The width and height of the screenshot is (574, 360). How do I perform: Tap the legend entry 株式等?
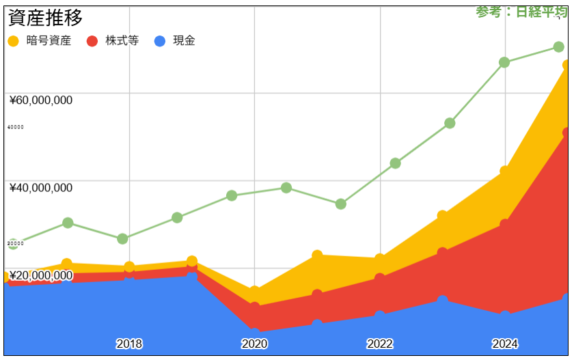pyautogui.click(x=122, y=41)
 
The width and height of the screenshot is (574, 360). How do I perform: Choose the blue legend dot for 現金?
pyautogui.click(x=160, y=41)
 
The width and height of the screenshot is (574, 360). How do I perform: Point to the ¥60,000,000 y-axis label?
pyautogui.click(x=41, y=100)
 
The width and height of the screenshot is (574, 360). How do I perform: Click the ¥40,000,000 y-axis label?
pyautogui.click(x=41, y=188)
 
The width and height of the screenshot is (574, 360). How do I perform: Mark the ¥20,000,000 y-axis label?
pyautogui.click(x=41, y=275)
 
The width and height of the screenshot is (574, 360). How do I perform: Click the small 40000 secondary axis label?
pyautogui.click(x=15, y=127)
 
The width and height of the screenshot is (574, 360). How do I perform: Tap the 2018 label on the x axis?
pyautogui.click(x=129, y=344)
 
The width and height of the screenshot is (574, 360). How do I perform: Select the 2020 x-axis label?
pyautogui.click(x=254, y=344)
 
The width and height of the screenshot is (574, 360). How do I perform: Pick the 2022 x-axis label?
pyautogui.click(x=379, y=344)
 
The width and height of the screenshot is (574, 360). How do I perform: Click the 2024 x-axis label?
pyautogui.click(x=504, y=344)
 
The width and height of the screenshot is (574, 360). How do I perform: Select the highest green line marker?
pyautogui.click(x=558, y=47)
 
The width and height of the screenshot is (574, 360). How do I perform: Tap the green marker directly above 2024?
pyautogui.click(x=504, y=62)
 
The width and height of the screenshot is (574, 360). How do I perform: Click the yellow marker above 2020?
pyautogui.click(x=254, y=292)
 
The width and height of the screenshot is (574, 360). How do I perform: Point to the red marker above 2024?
pyautogui.click(x=504, y=224)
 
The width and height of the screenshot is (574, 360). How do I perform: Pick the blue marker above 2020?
pyautogui.click(x=254, y=333)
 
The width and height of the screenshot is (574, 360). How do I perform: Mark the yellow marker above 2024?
pyautogui.click(x=504, y=171)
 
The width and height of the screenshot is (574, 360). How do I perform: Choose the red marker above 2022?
pyautogui.click(x=379, y=279)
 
